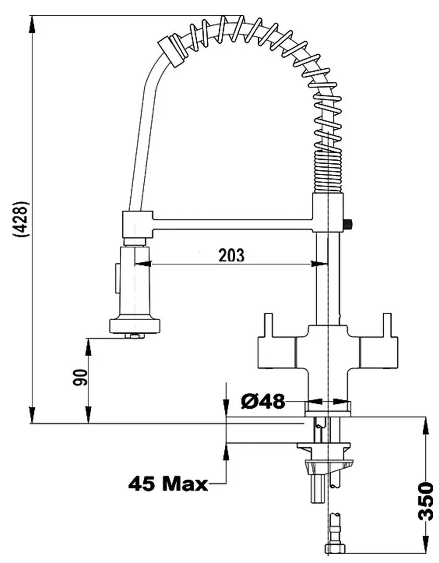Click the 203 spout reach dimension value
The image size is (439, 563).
[x=231, y=255]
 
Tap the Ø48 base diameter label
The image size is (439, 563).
[x=263, y=401]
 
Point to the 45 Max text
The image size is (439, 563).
[x=168, y=485]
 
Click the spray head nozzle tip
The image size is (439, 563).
[x=134, y=335]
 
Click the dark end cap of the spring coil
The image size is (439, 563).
[x=172, y=51]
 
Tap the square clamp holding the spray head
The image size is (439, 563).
[x=136, y=224]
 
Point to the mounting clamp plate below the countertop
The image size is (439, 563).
[x=323, y=447]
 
